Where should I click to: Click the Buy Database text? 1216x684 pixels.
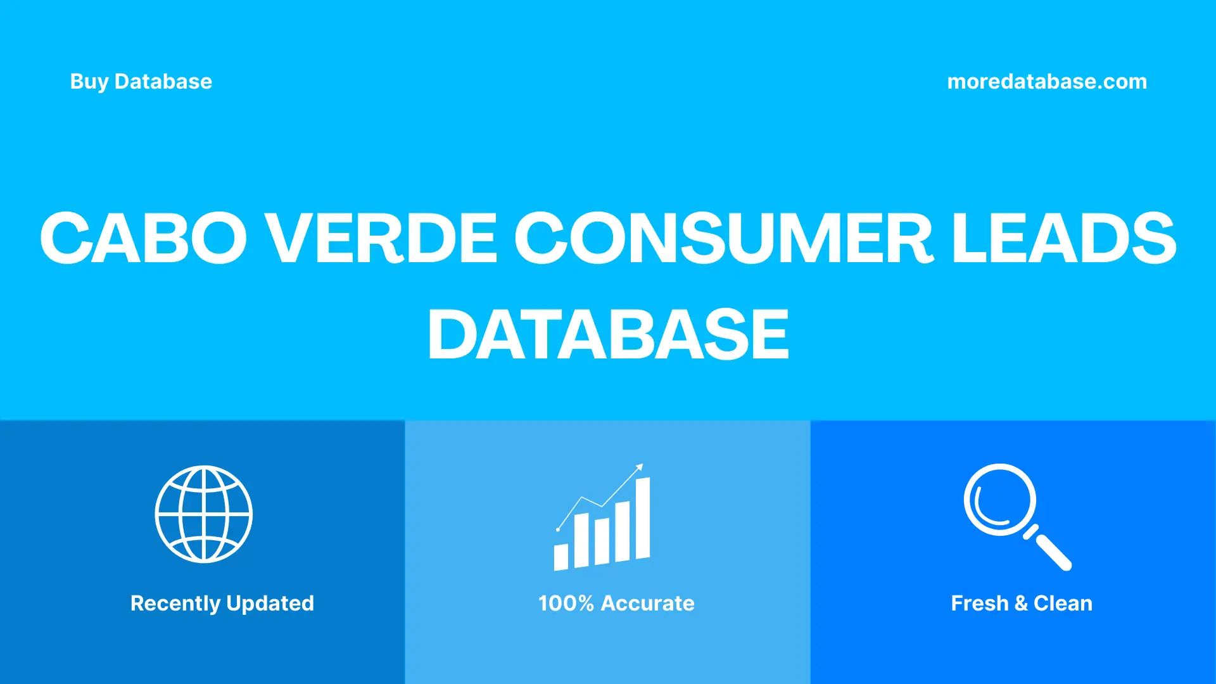pos(141,82)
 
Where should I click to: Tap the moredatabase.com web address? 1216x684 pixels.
pos(1046,82)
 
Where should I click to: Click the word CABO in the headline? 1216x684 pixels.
pos(143,238)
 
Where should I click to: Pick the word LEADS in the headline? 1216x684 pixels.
pos(1063,238)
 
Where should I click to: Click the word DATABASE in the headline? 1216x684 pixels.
pos(608,334)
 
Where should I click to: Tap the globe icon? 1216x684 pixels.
pos(204,514)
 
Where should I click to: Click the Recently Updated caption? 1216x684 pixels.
pos(222,603)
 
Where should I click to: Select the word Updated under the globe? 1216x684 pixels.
pos(270,603)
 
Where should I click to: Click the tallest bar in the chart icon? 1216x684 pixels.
pos(642,518)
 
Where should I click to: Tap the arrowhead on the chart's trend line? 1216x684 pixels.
pos(640,467)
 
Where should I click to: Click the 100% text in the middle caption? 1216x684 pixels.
pos(566,603)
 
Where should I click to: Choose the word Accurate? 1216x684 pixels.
pos(647,603)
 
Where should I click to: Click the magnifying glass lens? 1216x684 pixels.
pos(999,500)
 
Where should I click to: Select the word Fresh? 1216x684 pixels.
pos(979,603)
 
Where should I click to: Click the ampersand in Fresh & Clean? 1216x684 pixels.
pos(1021,603)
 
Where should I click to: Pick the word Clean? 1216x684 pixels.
pos(1063,603)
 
